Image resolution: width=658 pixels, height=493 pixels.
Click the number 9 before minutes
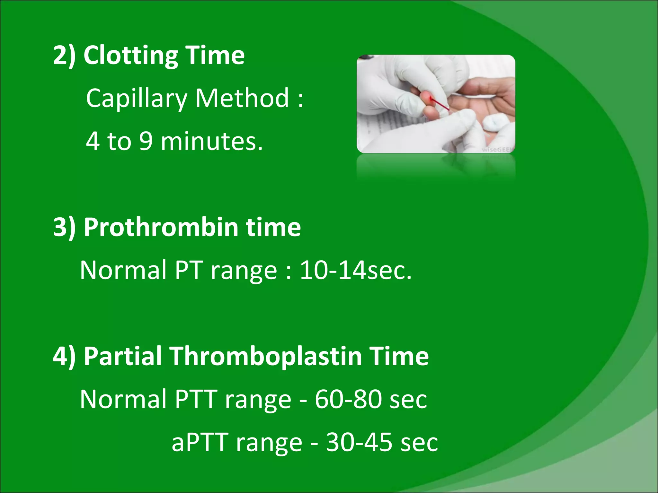pos(146,141)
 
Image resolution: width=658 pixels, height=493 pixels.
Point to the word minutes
pos(211,141)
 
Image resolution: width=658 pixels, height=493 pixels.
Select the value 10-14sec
pos(355,270)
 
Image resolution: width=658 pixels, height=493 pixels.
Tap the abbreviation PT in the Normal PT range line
pos(189,270)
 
